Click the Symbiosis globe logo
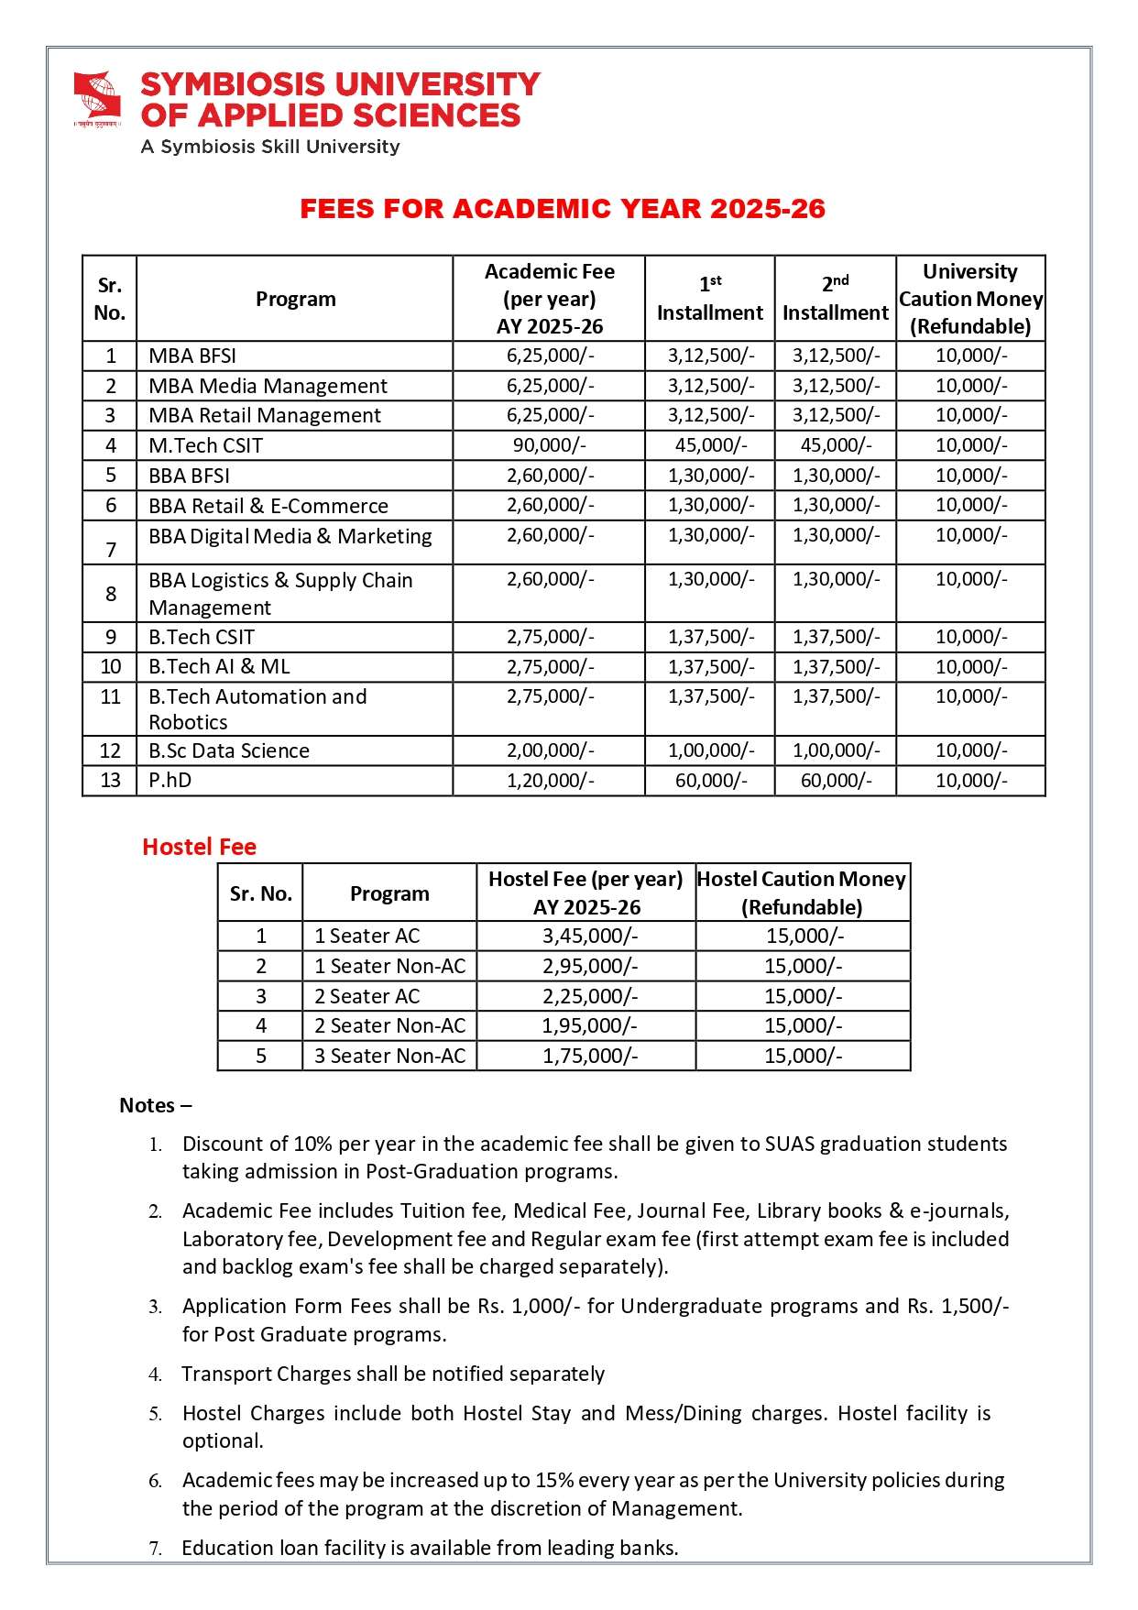click(x=97, y=98)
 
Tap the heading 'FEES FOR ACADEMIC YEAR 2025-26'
click(x=563, y=209)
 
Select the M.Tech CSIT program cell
click(x=206, y=445)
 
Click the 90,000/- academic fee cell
click(x=550, y=445)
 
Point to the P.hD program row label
click(x=170, y=780)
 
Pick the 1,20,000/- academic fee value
click(x=550, y=780)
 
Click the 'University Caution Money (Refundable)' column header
click(x=970, y=299)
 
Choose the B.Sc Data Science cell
click(x=229, y=750)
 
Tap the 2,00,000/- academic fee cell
click(x=550, y=750)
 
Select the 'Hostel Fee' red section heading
click(x=199, y=847)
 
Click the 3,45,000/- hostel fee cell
click(x=590, y=936)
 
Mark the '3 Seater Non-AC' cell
click(x=389, y=1056)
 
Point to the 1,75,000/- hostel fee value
click(x=590, y=1056)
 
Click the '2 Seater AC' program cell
click(x=367, y=996)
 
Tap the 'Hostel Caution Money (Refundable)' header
click(x=802, y=893)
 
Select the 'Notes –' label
click(x=156, y=1105)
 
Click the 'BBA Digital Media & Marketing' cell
click(x=290, y=536)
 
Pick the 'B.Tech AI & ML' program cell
click(x=220, y=666)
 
